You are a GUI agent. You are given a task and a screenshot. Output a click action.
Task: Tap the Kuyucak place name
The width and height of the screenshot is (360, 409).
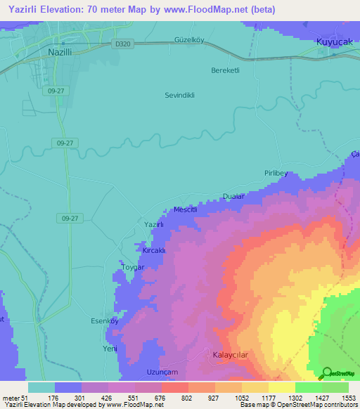tap(332, 43)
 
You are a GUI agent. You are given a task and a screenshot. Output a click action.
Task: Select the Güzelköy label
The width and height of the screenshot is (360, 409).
tap(188, 40)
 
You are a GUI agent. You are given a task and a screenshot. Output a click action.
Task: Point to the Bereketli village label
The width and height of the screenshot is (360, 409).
tap(226, 70)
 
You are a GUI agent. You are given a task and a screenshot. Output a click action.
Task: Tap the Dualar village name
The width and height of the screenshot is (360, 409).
tap(233, 196)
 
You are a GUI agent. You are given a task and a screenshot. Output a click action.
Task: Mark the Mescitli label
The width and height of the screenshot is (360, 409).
tap(188, 209)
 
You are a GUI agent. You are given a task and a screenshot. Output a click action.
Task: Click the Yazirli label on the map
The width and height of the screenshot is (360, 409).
tap(154, 224)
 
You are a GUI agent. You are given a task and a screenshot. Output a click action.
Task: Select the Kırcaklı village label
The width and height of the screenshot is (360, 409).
tap(154, 250)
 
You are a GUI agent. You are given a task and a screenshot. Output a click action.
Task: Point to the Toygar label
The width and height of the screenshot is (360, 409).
tap(132, 268)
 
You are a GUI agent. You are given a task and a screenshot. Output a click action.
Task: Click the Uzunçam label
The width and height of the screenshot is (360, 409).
tap(162, 372)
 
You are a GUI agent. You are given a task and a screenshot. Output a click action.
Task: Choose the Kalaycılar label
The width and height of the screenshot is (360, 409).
tap(231, 355)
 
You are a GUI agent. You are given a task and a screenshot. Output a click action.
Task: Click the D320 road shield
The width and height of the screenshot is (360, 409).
tap(121, 44)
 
